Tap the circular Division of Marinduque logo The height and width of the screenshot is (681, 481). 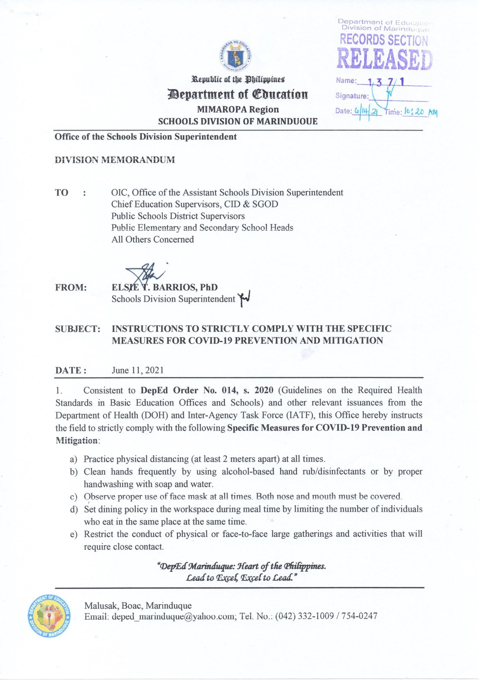(x=50, y=615)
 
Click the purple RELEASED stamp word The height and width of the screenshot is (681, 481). (x=385, y=60)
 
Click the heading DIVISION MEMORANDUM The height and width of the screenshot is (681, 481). (x=115, y=160)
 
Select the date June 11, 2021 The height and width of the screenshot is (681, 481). (x=138, y=370)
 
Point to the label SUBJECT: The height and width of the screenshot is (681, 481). (x=78, y=329)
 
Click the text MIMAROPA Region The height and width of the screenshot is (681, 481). (x=238, y=109)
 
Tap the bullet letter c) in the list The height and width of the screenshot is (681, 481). (x=73, y=497)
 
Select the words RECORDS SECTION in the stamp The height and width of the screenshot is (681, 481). (x=384, y=40)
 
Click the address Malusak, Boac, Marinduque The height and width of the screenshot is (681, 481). (x=138, y=605)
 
